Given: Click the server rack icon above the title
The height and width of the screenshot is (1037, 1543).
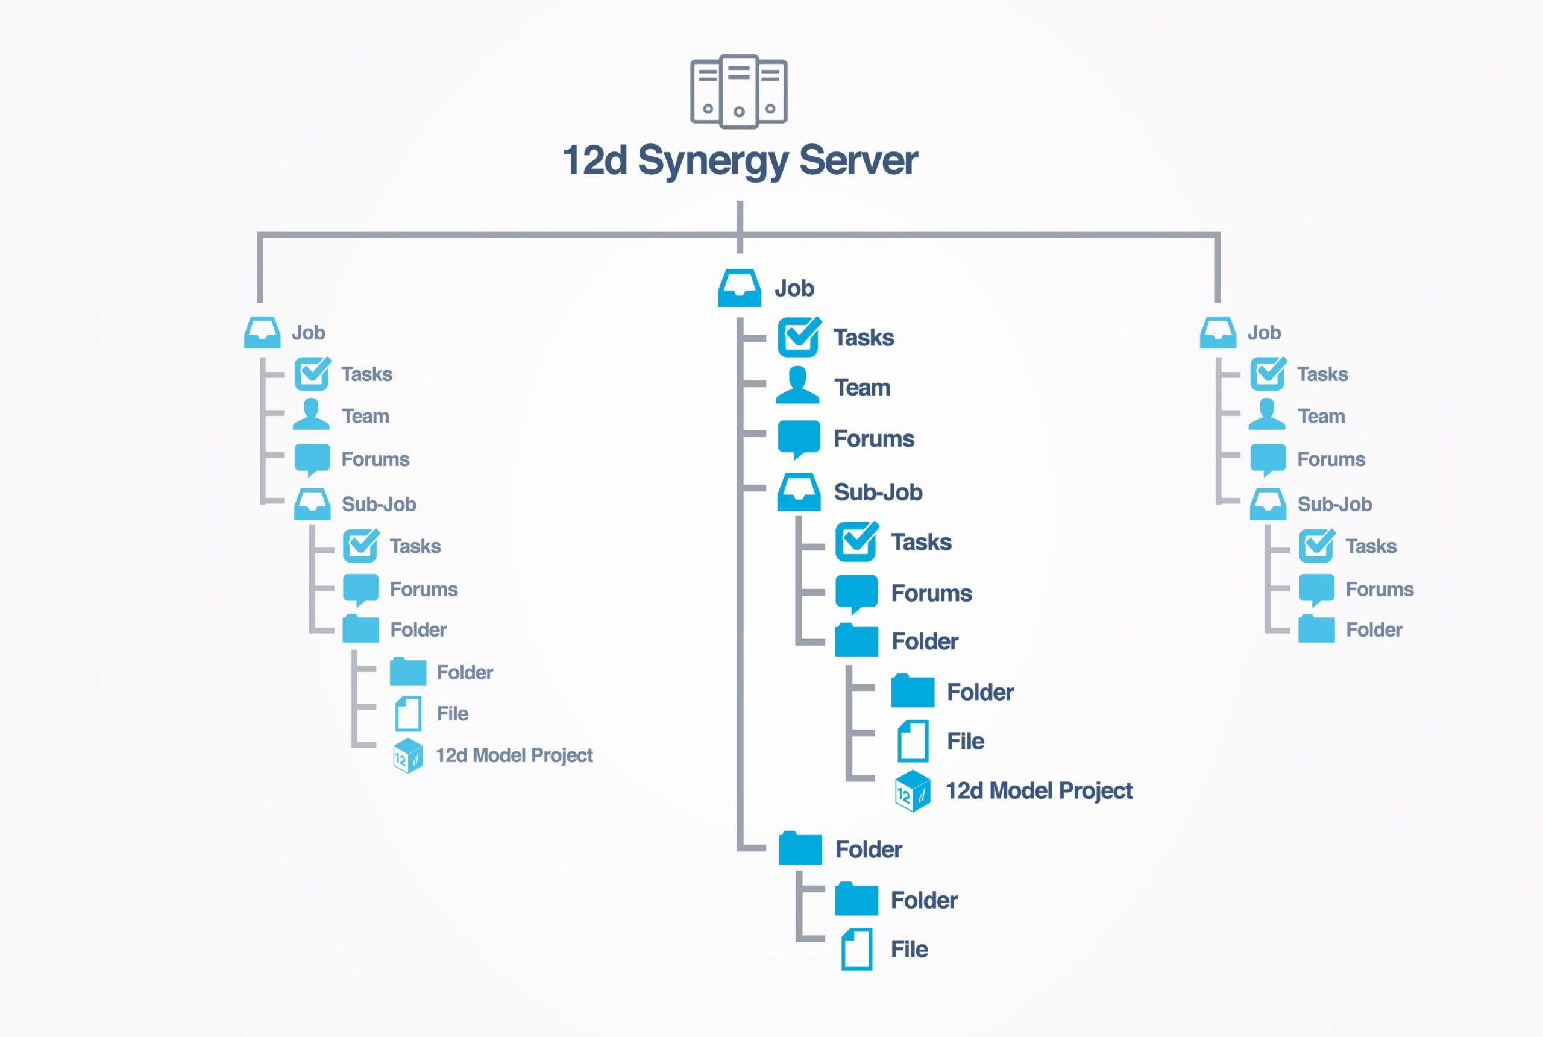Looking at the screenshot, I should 738,91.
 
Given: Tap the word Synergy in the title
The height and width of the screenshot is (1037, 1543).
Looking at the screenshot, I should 712,161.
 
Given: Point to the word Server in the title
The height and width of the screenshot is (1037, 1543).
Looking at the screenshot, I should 858,161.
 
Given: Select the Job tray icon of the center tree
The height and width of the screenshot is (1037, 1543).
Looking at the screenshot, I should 739,288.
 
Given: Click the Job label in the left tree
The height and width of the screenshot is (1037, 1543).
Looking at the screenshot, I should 308,333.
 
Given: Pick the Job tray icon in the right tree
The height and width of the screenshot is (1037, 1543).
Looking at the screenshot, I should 1218,333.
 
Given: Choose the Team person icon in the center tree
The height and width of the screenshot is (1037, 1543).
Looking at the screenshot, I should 797,386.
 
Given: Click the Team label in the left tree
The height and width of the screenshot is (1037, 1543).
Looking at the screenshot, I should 365,417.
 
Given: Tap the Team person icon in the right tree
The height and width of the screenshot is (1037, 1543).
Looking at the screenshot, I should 1267,415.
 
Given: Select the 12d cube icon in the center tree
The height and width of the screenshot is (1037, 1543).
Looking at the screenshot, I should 913,791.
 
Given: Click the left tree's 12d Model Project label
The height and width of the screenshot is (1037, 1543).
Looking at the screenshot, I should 514,755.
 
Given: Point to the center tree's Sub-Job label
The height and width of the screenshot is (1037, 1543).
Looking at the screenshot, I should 878,493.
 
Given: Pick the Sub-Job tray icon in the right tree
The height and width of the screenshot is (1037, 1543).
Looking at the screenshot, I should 1268,504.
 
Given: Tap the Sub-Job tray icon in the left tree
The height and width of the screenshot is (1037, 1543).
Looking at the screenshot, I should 312,504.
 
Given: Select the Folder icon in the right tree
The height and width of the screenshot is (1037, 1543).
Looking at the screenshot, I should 1316,629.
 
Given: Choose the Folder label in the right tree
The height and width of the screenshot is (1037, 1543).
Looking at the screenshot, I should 1374,630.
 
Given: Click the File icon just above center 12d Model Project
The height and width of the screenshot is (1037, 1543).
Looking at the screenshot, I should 913,742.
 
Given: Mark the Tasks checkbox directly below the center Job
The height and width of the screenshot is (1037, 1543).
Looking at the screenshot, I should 799,337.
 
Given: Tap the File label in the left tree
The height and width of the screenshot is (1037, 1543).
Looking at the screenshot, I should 452,714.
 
